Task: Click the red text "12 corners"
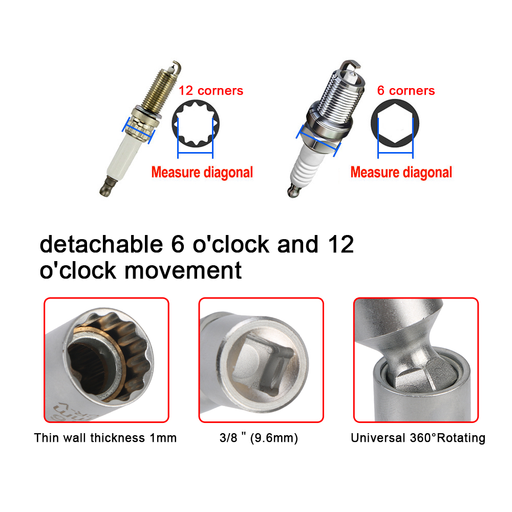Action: pos(210,91)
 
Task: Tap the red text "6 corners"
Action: pos(406,91)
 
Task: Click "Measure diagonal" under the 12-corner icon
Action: pos(202,172)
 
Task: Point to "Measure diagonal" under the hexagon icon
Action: pos(401,172)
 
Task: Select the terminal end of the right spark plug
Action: pos(292,192)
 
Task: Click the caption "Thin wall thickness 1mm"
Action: pos(105,438)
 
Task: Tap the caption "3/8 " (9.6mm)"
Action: pos(259,438)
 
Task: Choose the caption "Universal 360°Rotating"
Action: pos(418,438)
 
